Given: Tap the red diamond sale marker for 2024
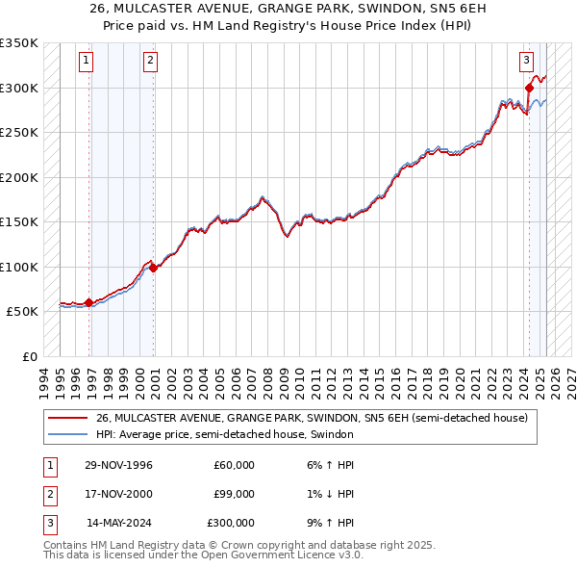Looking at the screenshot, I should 530,89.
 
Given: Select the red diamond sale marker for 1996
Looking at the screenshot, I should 89,302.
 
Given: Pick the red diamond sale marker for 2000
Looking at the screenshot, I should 154,268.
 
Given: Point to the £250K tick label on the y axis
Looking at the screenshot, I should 18,133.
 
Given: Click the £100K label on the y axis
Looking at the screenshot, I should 18,267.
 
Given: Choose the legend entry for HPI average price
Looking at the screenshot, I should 224,435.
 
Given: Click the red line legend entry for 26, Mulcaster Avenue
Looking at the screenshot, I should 312,419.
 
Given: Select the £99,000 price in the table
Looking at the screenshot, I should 234,494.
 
